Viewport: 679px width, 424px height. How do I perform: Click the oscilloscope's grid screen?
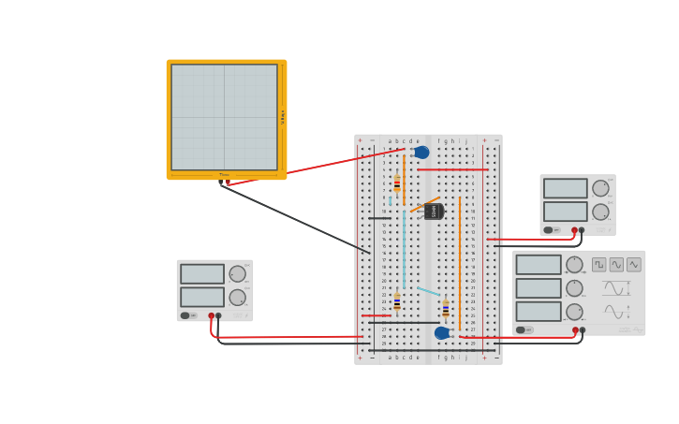pyautogui.click(x=224, y=117)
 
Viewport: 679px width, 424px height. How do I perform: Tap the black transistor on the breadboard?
pyautogui.click(x=433, y=212)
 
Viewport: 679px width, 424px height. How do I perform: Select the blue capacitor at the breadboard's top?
pyautogui.click(x=421, y=153)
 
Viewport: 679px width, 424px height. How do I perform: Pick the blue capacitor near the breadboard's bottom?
pyautogui.click(x=442, y=332)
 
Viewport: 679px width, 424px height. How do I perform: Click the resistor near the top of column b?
pyautogui.click(x=397, y=183)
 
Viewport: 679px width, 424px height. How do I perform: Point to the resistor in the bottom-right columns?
pyautogui.click(x=446, y=308)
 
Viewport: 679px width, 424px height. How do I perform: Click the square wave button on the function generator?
pyautogui.click(x=599, y=265)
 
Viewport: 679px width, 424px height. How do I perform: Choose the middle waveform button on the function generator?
pyautogui.click(x=616, y=265)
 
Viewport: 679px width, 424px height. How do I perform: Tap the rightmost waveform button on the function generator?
pyautogui.click(x=634, y=265)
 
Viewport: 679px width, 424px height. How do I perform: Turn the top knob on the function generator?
pyautogui.click(x=574, y=265)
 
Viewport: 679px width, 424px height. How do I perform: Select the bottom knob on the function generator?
pyautogui.click(x=574, y=312)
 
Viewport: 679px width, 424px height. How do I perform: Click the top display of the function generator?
pyautogui.click(x=539, y=265)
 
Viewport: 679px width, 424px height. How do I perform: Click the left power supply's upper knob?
pyautogui.click(x=238, y=274)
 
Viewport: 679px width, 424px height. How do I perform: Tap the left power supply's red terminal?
pyautogui.click(x=212, y=315)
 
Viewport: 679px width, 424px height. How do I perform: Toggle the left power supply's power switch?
pyautogui.click(x=186, y=315)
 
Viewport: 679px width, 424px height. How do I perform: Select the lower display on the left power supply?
pyautogui.click(x=202, y=297)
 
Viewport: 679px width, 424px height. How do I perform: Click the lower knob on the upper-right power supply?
pyautogui.click(x=600, y=212)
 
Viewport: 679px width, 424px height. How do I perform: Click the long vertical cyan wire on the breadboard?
pyautogui.click(x=405, y=248)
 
